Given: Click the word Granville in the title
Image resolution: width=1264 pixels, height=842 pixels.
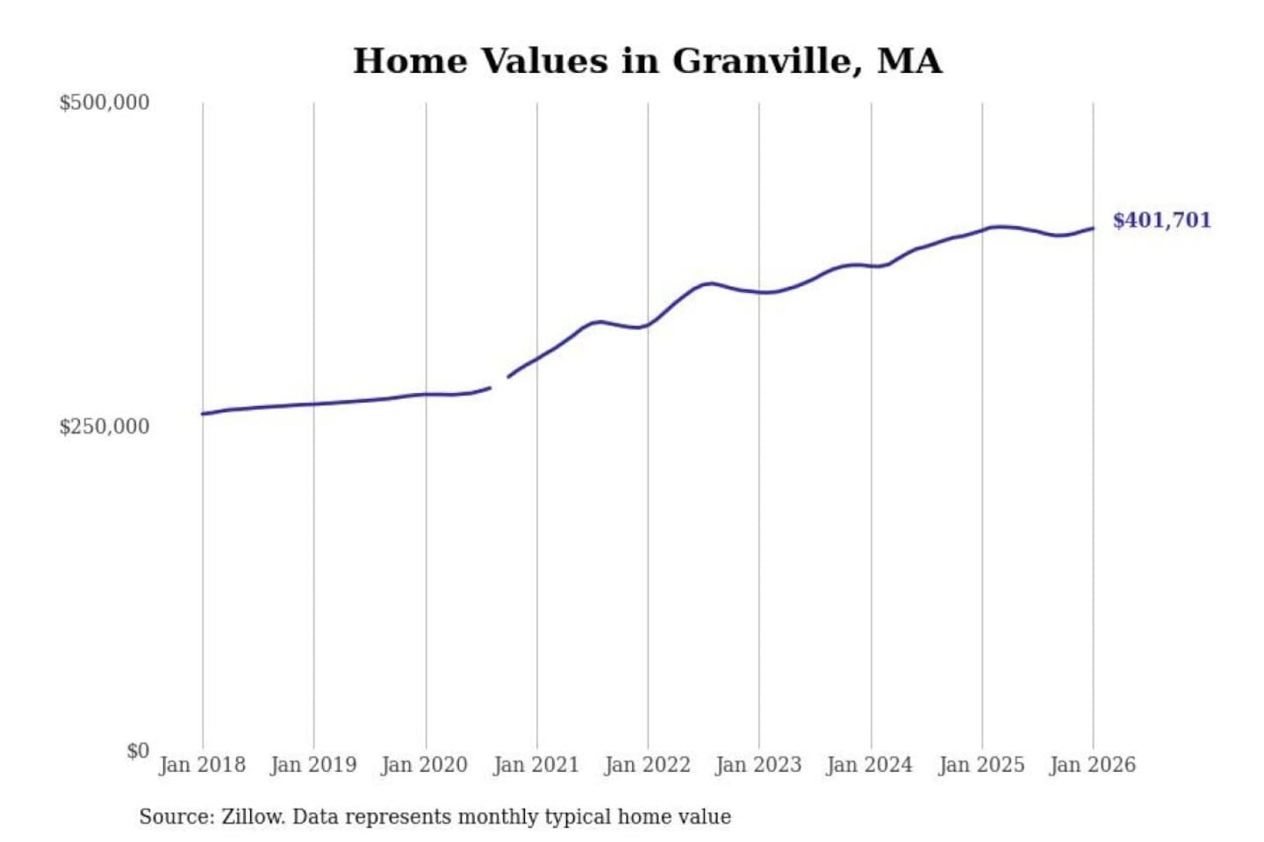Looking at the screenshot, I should (x=762, y=61).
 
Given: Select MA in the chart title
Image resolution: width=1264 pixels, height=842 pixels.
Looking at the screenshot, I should (x=909, y=61).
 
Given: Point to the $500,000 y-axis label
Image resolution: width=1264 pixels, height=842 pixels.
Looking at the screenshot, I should (x=104, y=103).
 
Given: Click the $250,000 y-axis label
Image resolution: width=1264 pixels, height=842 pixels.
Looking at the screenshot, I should (x=104, y=427).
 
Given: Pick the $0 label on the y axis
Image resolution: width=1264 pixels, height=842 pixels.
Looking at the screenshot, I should (x=138, y=751).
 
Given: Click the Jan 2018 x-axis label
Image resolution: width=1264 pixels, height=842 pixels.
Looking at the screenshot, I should (x=203, y=765).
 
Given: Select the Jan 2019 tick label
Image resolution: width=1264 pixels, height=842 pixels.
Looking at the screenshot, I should (x=313, y=765).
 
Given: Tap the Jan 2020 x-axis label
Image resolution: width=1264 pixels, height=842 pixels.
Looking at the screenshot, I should (x=425, y=765).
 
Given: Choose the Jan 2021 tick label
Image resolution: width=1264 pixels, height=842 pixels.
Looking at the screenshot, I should (x=536, y=765).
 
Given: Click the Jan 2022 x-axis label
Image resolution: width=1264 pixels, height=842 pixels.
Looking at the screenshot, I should (x=648, y=765).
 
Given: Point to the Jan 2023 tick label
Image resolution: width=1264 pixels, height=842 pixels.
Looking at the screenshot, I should (x=759, y=765).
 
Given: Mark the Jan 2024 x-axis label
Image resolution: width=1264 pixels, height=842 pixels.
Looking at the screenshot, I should (x=870, y=765).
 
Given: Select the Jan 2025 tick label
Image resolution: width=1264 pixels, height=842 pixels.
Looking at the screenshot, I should (x=981, y=765).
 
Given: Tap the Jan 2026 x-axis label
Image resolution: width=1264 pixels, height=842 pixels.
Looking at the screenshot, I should (x=1093, y=765).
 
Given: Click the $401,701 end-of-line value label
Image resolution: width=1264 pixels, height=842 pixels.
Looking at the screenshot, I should (x=1161, y=220).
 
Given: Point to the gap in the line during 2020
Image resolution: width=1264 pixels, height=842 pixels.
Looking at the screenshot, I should (x=499, y=382).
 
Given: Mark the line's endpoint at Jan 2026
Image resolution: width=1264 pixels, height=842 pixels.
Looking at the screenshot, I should (x=1093, y=228).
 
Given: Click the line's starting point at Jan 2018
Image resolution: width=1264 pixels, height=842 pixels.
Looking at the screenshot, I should (x=203, y=414).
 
